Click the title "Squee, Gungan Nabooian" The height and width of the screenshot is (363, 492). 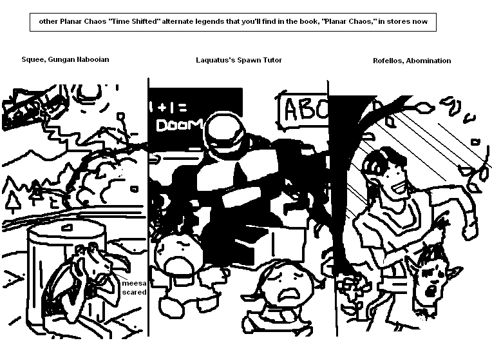[x=65, y=59]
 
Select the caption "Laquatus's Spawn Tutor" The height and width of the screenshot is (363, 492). [x=239, y=60]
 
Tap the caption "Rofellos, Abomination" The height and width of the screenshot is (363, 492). [x=412, y=61]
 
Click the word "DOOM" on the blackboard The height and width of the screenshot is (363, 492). [x=180, y=125]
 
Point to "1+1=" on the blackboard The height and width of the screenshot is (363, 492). [x=168, y=107]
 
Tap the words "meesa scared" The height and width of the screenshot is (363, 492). [x=135, y=288]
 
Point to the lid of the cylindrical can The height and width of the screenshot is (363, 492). [x=67, y=228]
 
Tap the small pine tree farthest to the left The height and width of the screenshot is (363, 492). [x=13, y=201]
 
